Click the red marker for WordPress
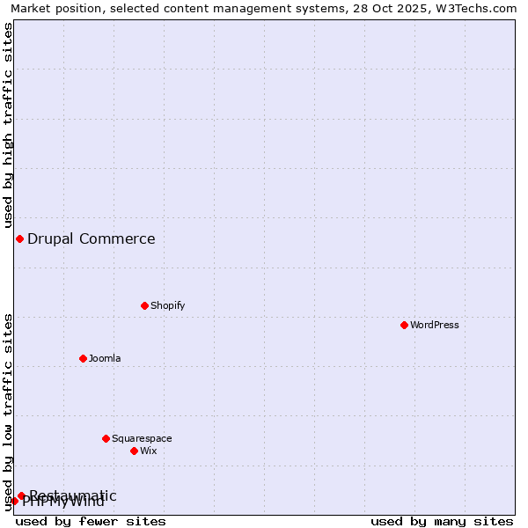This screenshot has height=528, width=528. click(404, 325)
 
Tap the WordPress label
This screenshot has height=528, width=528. click(435, 325)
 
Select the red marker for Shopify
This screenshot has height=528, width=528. click(144, 305)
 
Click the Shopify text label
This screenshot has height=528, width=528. click(168, 305)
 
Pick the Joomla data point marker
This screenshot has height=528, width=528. click(83, 358)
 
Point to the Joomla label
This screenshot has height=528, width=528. click(105, 358)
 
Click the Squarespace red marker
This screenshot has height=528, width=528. click(106, 438)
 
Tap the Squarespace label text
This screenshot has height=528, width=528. click(142, 438)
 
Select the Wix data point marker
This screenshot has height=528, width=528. click(134, 451)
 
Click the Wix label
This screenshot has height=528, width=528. click(149, 451)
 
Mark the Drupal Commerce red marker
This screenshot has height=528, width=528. click(19, 238)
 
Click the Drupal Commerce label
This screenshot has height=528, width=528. click(92, 238)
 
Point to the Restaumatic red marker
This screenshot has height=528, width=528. click(21, 495)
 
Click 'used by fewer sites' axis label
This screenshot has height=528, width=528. click(91, 521)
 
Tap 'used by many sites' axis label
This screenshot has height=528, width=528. click(442, 521)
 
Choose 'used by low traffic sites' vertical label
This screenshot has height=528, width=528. click(9, 412)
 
